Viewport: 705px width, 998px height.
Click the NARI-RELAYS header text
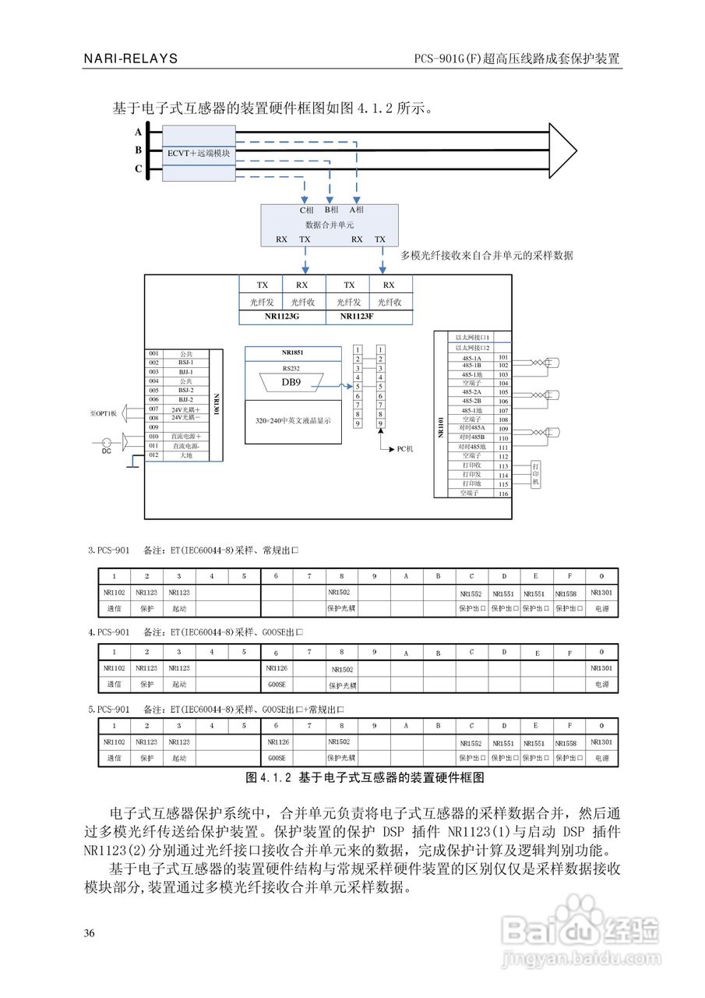coord(131,58)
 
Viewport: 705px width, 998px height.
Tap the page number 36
coord(90,933)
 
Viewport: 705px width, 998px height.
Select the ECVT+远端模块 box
coord(199,154)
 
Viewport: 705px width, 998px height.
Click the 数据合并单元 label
coord(329,225)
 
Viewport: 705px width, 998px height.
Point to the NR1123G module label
coord(283,318)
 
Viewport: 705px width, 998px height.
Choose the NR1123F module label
coord(369,318)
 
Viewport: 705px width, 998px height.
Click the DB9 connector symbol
coord(291,382)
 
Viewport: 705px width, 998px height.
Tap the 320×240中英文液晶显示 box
coord(293,420)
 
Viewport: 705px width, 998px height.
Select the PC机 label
coord(405,449)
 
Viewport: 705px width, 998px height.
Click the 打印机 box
coord(535,473)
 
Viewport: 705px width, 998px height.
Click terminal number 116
coord(503,493)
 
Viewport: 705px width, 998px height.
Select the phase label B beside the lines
coord(139,150)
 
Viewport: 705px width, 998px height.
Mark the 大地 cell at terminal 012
coord(185,455)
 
